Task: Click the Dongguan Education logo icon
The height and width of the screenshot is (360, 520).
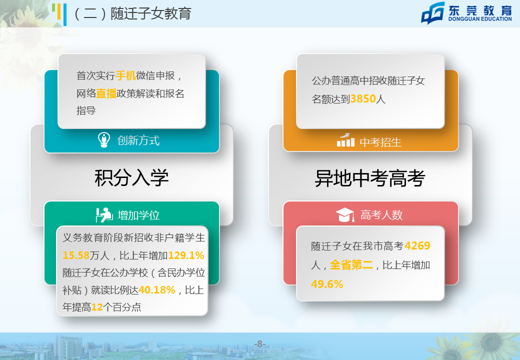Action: (x=433, y=13)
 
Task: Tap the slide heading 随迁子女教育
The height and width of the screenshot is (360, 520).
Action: (x=151, y=13)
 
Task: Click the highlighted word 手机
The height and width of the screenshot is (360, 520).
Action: (x=125, y=75)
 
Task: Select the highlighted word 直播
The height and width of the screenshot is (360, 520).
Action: (x=106, y=93)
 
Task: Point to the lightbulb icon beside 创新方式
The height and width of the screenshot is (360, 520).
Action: (x=104, y=140)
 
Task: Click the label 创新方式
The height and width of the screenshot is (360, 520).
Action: (x=138, y=140)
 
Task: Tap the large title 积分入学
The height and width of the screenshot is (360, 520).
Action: (x=131, y=178)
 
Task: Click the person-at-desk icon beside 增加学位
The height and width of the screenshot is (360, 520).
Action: (x=104, y=215)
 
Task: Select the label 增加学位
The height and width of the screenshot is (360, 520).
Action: (x=138, y=215)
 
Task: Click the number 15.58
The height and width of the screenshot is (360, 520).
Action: (x=76, y=255)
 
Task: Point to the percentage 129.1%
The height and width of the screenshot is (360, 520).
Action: (x=186, y=255)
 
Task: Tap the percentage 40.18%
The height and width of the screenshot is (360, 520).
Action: (x=157, y=290)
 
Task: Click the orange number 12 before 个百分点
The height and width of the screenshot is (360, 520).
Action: (x=97, y=307)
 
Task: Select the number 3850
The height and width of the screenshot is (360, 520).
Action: (x=363, y=99)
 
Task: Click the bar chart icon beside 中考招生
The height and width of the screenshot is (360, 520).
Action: (x=345, y=140)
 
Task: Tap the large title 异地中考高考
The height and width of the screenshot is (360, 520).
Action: (x=370, y=178)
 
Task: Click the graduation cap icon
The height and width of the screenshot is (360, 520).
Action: (x=345, y=215)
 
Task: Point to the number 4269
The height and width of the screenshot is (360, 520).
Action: (x=417, y=245)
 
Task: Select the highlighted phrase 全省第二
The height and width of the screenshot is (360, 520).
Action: (x=351, y=265)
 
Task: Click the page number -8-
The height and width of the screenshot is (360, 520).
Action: (x=259, y=344)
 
